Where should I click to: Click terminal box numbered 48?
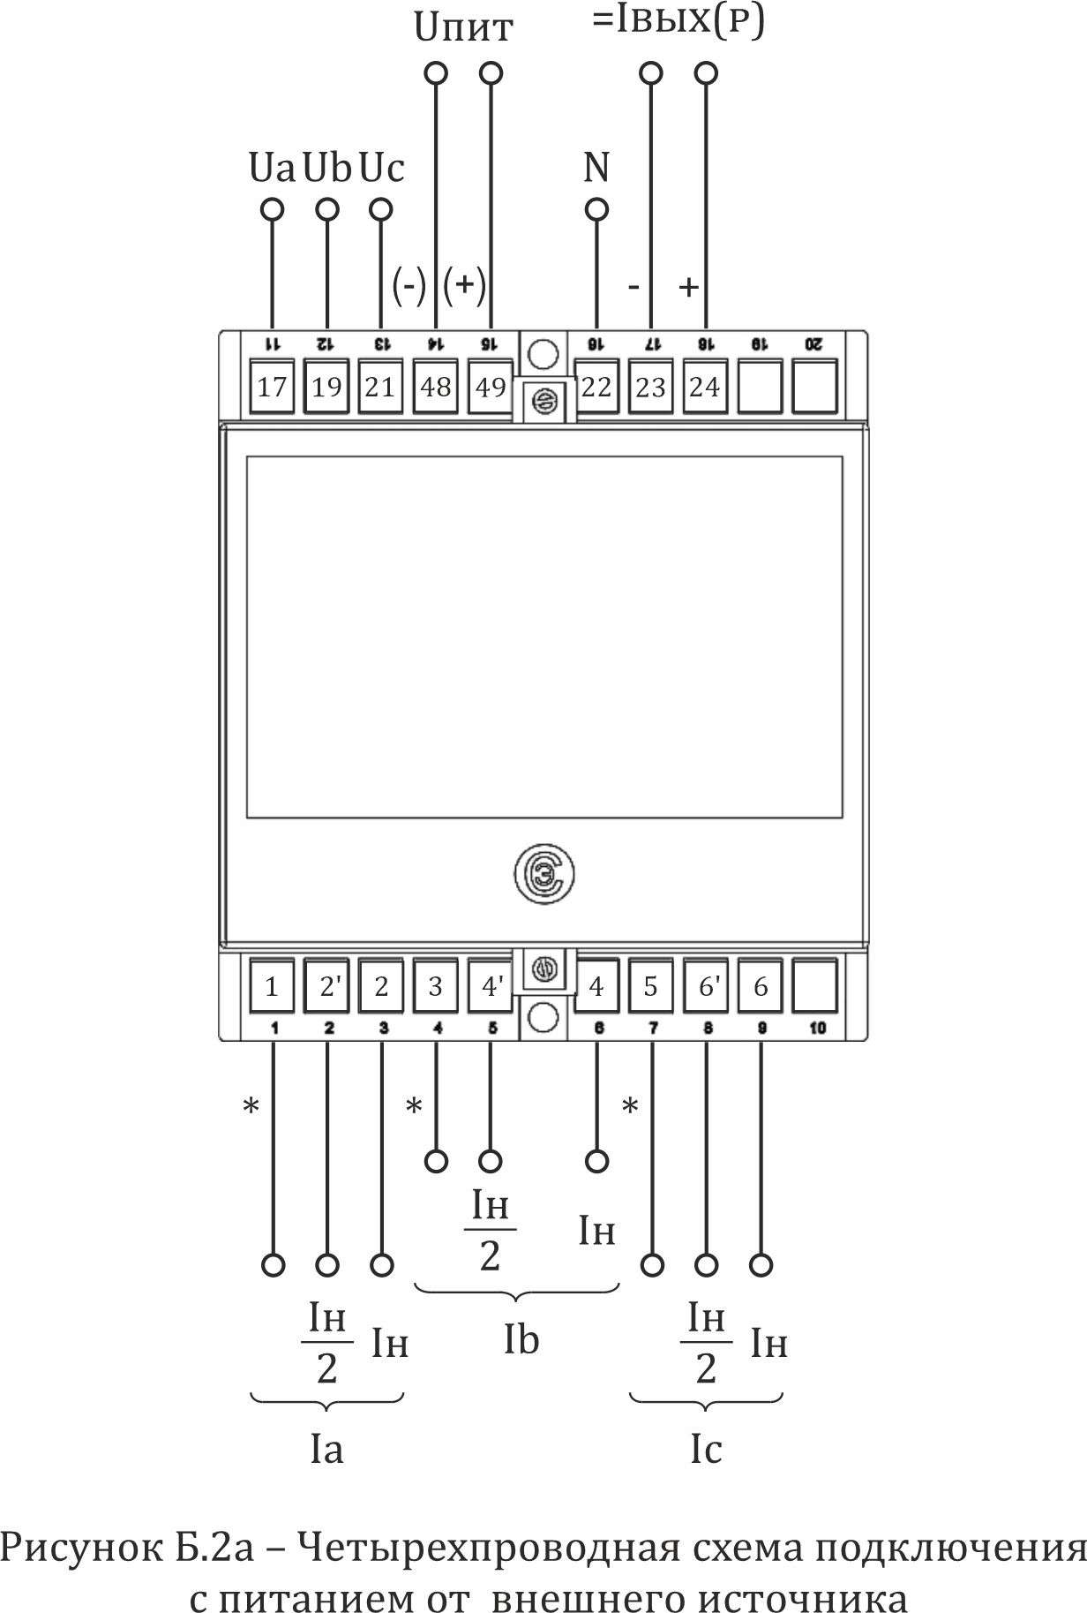(436, 386)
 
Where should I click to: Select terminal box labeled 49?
(490, 386)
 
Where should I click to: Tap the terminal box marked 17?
(272, 386)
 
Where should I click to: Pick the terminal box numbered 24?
(705, 386)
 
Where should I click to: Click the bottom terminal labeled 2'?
(327, 986)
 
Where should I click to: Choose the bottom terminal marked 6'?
(707, 986)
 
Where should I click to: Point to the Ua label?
(272, 167)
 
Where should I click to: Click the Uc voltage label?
(381, 167)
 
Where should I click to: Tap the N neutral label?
(597, 167)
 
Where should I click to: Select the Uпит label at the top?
(462, 28)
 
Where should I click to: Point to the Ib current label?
(521, 1340)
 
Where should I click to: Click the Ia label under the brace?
(326, 1449)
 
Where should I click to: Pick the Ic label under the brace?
(706, 1449)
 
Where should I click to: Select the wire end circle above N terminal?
(597, 210)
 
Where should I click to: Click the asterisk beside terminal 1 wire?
(251, 1106)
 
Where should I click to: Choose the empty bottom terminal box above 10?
(814, 986)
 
